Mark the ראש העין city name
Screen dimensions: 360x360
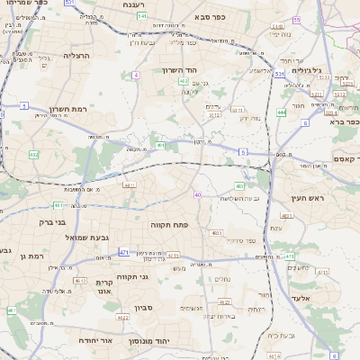[x=307, y=197]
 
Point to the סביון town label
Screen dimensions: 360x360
[x=145, y=308]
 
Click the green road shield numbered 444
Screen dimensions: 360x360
[x=282, y=112]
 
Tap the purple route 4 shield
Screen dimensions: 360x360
[x=136, y=75]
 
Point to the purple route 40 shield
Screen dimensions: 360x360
[x=197, y=193]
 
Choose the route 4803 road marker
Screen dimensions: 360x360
[x=216, y=232]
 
